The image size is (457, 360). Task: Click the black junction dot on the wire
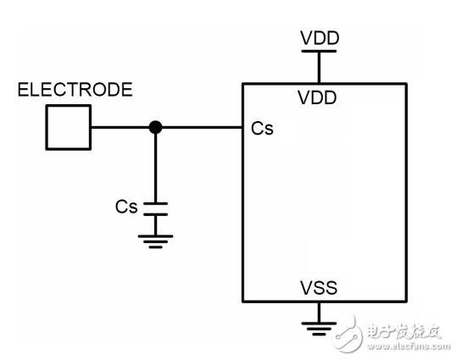coord(155,128)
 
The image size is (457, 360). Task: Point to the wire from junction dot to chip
coord(199,128)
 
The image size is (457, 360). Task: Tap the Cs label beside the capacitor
coord(126,207)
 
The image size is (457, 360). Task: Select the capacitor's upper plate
coord(155,203)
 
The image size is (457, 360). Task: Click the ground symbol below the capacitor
coord(155,241)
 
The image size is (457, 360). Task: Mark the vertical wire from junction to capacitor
coord(155,166)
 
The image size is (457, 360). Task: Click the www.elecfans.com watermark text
coord(405,346)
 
